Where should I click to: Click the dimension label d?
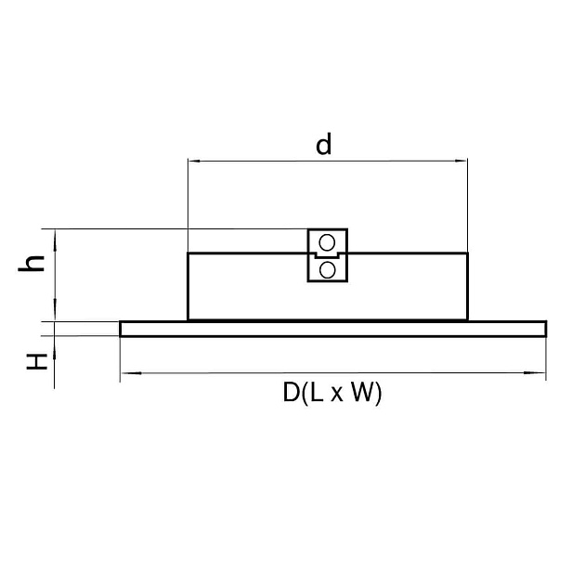click(323, 144)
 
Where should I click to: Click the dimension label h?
click(32, 264)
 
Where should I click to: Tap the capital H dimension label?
click(37, 361)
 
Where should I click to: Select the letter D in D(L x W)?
click(291, 392)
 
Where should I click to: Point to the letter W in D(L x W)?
click(362, 392)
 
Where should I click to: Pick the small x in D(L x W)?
click(336, 395)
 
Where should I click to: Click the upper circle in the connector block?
click(327, 243)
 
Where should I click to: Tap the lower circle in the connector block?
click(327, 269)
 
